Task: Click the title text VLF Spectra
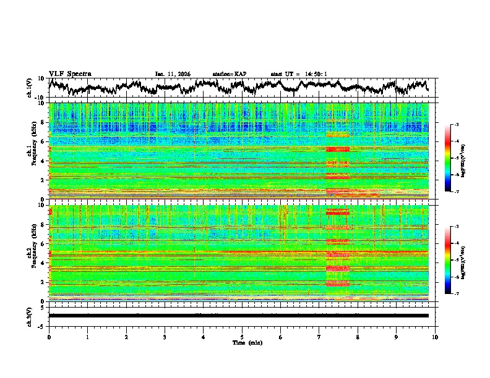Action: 70,74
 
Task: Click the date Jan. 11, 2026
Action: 173,74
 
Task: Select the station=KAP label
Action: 229,74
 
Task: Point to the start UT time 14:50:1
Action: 314,74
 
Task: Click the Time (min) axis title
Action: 242,342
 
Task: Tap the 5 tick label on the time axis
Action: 242,337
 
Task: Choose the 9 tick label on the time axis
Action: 397,337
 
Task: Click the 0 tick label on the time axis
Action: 49,337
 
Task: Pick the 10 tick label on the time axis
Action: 435,337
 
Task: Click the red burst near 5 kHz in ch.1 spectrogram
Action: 338,149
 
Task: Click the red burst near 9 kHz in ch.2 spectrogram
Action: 338,212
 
